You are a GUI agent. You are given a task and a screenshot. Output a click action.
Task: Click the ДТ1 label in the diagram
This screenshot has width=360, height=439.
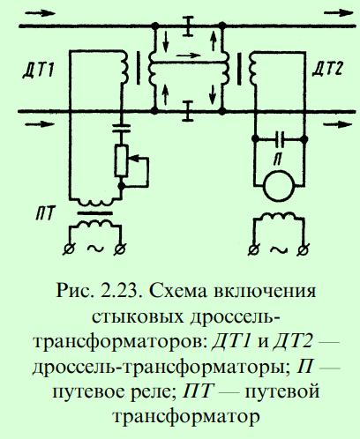[39, 71]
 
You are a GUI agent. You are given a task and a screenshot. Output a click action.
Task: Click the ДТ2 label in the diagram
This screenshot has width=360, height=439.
[327, 70]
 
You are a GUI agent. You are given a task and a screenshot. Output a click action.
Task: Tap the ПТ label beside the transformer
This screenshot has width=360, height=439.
[45, 213]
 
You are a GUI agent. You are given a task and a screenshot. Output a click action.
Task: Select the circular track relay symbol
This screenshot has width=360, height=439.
[279, 186]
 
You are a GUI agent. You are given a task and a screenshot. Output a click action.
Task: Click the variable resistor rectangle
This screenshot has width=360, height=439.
[121, 160]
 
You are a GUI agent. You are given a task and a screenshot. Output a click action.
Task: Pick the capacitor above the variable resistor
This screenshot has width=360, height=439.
[121, 129]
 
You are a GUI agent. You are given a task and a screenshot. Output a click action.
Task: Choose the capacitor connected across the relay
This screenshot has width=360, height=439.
[279, 139]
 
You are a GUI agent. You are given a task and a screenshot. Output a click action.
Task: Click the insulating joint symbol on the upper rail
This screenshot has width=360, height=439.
[187, 26]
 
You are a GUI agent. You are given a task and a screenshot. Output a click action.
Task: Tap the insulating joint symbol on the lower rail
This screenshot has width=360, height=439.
[187, 111]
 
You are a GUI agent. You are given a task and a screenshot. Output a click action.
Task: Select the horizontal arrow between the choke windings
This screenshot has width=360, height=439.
[188, 56]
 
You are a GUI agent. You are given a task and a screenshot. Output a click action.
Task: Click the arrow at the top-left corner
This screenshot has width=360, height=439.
[40, 13]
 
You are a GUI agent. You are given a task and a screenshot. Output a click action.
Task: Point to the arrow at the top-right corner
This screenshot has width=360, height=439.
[338, 13]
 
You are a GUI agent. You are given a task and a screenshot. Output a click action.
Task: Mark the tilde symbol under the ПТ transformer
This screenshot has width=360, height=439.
[95, 249]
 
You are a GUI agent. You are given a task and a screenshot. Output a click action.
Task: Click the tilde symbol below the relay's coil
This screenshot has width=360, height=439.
[279, 250]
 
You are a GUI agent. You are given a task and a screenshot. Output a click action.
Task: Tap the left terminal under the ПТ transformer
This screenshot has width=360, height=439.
[70, 249]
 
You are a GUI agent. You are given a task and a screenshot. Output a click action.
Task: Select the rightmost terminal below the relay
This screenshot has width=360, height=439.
[304, 250]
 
